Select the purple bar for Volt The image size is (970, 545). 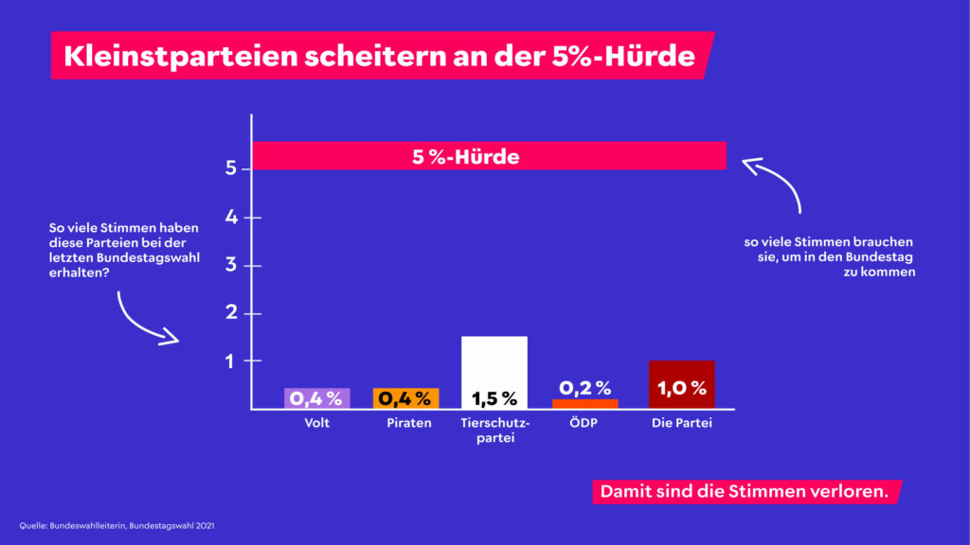click(x=317, y=398)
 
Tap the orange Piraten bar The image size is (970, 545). click(x=405, y=398)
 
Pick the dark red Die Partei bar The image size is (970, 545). click(x=682, y=384)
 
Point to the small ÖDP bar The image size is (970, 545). click(x=584, y=404)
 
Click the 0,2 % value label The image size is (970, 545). click(x=584, y=388)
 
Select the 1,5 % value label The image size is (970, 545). click(x=494, y=398)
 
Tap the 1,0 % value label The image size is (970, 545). click(x=682, y=388)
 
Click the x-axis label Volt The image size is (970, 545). click(x=317, y=423)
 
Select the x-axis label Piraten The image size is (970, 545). click(x=405, y=423)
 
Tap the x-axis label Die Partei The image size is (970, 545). click(x=682, y=423)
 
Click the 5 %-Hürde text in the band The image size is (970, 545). click(x=465, y=157)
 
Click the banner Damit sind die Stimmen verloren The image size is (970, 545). click(x=744, y=492)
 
